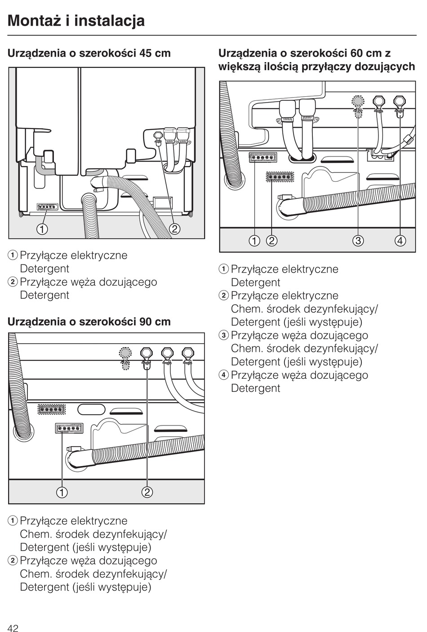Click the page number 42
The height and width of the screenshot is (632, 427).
[x=13, y=628]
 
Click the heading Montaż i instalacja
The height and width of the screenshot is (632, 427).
[x=76, y=21]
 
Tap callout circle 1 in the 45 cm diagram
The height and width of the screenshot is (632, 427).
[x=42, y=229]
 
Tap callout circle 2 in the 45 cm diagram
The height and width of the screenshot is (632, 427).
[x=174, y=229]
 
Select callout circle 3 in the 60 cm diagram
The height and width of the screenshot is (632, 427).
[x=358, y=241]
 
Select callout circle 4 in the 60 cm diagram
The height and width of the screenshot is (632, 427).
[x=400, y=241]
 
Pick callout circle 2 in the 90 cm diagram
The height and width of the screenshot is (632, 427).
[x=147, y=492]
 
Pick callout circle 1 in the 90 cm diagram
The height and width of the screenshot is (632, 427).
[x=62, y=492]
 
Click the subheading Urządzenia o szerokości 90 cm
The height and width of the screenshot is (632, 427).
[x=89, y=322]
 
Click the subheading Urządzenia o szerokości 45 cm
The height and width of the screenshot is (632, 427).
[x=89, y=53]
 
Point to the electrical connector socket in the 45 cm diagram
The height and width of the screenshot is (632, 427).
[x=47, y=207]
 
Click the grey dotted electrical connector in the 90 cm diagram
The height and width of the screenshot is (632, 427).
[x=52, y=409]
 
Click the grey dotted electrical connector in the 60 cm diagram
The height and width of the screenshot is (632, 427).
[x=280, y=177]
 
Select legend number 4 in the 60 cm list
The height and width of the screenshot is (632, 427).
[x=223, y=375]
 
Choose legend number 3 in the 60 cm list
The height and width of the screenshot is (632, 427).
[x=223, y=336]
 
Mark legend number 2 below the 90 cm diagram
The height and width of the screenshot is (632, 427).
[x=13, y=560]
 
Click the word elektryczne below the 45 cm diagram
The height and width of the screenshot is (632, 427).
[x=99, y=255]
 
